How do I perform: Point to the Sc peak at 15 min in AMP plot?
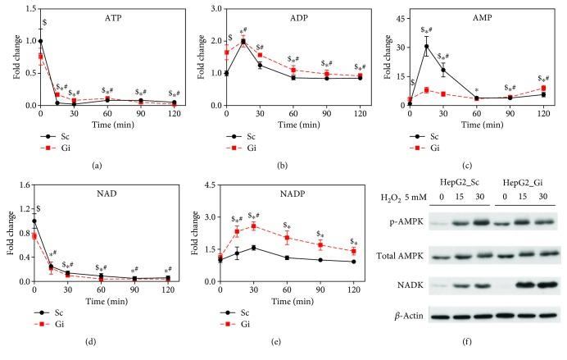pos(426,46)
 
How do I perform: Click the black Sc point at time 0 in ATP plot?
pos(40,40)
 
